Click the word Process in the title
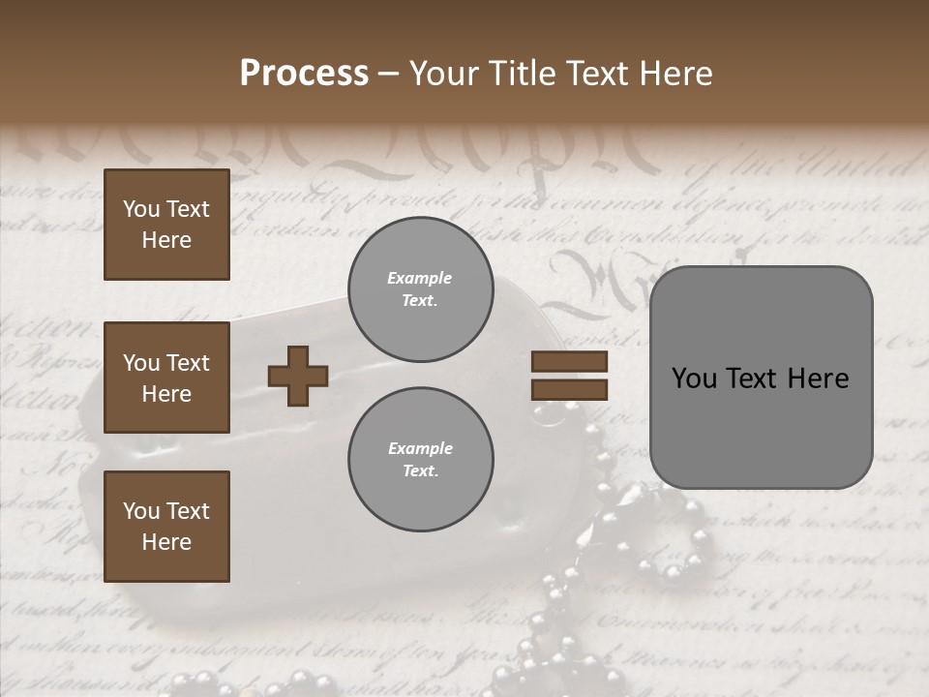click(304, 74)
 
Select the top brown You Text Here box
click(166, 225)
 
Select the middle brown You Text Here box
click(166, 378)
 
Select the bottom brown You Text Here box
click(166, 527)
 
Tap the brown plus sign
click(298, 376)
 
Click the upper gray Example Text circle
click(420, 289)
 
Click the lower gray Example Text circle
click(420, 460)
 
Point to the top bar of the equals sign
click(569, 362)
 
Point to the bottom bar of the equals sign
click(569, 389)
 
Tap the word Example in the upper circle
click(420, 279)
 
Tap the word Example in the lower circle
click(420, 449)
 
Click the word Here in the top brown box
click(166, 240)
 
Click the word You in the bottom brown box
click(141, 511)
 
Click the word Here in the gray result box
click(819, 378)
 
